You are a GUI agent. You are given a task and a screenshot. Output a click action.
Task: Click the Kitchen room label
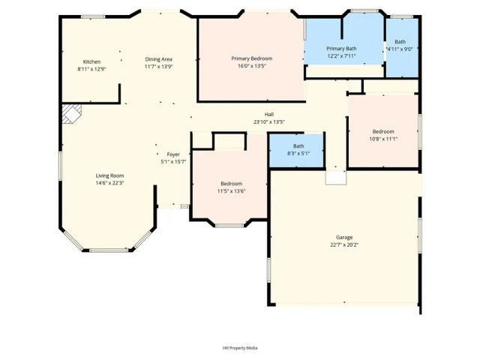click(91, 61)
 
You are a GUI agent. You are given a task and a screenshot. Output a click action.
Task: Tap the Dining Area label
click(159, 58)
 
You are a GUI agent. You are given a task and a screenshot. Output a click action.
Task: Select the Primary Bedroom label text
click(251, 58)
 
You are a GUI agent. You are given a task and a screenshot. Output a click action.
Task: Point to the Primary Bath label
click(341, 49)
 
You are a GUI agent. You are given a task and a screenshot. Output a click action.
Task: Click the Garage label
click(344, 237)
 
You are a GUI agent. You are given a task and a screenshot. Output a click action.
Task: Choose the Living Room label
click(109, 175)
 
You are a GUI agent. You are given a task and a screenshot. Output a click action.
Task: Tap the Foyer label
click(173, 154)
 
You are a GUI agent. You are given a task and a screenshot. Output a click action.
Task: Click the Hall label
click(268, 114)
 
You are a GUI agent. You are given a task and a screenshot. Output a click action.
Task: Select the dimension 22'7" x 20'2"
click(344, 244)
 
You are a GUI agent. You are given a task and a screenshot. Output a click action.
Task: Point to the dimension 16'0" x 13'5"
click(251, 66)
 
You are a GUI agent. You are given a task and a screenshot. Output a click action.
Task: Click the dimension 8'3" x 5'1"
click(298, 153)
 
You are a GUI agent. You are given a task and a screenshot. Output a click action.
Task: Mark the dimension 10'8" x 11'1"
click(383, 139)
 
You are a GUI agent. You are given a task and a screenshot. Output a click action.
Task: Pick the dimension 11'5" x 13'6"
click(231, 191)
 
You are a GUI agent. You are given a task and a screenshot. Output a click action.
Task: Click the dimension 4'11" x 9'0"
click(400, 49)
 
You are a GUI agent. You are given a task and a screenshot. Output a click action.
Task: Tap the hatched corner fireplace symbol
click(70, 114)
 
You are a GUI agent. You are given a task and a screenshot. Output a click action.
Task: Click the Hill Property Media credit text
click(240, 348)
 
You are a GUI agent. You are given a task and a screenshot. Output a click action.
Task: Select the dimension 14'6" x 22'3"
click(109, 183)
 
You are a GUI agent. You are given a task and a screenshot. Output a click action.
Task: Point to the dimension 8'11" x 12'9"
click(91, 69)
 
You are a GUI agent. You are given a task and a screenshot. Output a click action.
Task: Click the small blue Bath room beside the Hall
click(298, 149)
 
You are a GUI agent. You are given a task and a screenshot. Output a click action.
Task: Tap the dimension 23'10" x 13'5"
click(268, 121)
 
